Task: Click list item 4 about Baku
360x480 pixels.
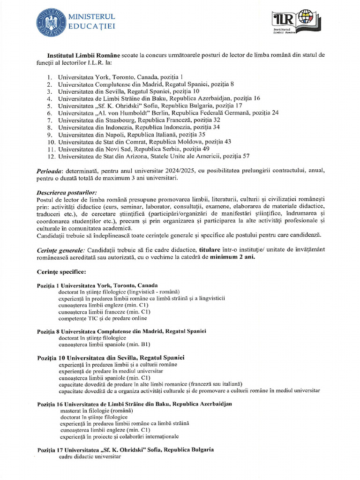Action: coord(158,98)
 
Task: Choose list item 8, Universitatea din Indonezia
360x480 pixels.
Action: coord(138,127)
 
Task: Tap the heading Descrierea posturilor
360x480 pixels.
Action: coord(67,193)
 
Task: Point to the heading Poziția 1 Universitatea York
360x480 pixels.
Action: coord(97,285)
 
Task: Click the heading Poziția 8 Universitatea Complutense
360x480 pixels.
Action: coord(121,331)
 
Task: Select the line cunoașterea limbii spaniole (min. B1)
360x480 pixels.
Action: coord(104,345)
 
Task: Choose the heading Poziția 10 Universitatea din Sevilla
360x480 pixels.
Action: coord(110,358)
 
